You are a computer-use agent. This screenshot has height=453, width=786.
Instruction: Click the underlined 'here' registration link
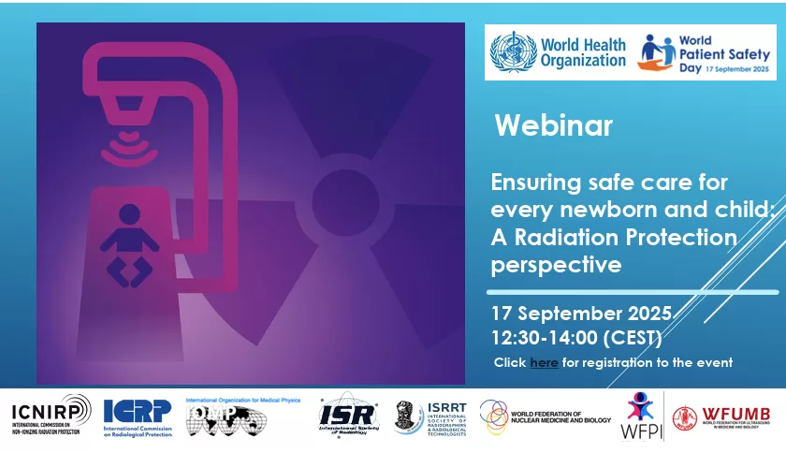[544, 362]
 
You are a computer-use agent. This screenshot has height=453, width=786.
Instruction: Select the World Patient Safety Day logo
[706, 53]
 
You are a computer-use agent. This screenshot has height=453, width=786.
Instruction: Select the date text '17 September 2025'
[580, 313]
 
